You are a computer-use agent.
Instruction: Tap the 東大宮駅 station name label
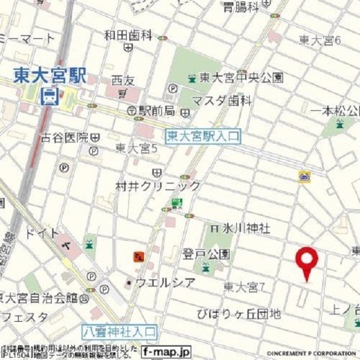tap(49, 76)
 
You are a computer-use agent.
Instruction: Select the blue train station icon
tap(49, 95)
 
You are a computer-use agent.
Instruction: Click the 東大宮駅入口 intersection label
tap(202, 136)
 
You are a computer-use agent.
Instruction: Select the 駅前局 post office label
tap(157, 110)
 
